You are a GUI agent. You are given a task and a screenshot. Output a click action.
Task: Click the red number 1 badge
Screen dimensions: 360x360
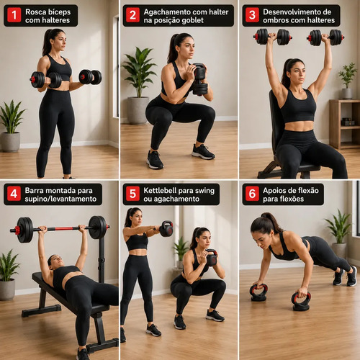14,15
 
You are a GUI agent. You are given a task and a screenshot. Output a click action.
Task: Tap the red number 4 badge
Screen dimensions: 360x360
14,194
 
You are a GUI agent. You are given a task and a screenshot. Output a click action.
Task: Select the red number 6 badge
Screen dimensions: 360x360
252,194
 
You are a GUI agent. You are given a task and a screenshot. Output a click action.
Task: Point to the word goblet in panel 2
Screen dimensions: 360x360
192,21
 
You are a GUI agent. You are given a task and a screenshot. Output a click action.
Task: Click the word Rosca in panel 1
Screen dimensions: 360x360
35,12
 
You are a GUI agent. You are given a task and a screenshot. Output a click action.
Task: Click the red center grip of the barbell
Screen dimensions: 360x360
63,229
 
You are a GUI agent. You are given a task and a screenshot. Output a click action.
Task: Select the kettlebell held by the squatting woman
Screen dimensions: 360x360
212,258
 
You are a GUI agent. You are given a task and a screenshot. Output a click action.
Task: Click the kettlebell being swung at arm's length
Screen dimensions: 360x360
166,229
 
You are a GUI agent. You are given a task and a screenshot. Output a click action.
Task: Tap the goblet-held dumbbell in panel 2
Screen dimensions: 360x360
200,79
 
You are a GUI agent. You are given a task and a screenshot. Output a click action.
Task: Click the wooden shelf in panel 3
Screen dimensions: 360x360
344,124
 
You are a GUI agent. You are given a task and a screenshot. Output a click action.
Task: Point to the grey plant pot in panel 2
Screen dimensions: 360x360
138,110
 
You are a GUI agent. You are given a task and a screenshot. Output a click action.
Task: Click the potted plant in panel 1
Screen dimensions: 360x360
11,126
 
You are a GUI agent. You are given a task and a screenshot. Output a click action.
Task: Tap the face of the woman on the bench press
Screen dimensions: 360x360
56,261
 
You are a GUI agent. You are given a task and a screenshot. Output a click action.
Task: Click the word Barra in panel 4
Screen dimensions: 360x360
35,191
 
